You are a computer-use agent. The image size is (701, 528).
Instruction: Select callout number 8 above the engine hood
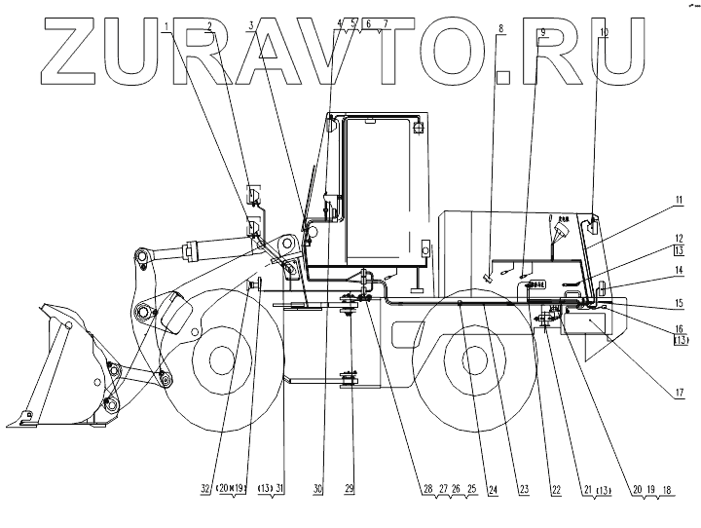point(500,29)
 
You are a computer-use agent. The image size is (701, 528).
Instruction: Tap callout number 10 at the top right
point(604,32)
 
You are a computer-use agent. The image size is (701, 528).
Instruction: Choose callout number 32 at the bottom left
point(205,490)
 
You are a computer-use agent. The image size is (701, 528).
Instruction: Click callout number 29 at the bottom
point(350,490)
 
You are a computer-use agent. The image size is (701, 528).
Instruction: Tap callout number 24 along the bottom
point(492,490)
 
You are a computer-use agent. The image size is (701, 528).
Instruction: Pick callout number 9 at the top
point(543,32)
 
